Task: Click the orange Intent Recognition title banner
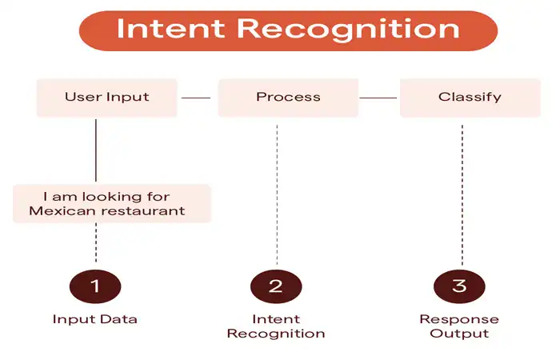(x=288, y=30)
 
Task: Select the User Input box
(x=106, y=98)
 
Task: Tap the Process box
(x=288, y=98)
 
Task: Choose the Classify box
(x=470, y=98)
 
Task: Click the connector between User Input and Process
(x=196, y=98)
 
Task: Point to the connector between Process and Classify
(x=378, y=98)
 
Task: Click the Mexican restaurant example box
(x=112, y=203)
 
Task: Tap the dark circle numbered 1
(x=95, y=286)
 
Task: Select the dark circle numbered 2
(x=276, y=286)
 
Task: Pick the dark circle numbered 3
(x=459, y=286)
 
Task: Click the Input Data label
(x=95, y=319)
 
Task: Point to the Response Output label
(x=459, y=326)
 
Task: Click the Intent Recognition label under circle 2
(x=276, y=326)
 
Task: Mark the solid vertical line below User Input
(x=96, y=150)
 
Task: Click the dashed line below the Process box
(x=277, y=195)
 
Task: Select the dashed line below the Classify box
(x=462, y=195)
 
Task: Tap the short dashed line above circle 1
(x=96, y=243)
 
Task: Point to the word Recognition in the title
(x=348, y=30)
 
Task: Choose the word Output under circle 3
(x=459, y=334)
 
